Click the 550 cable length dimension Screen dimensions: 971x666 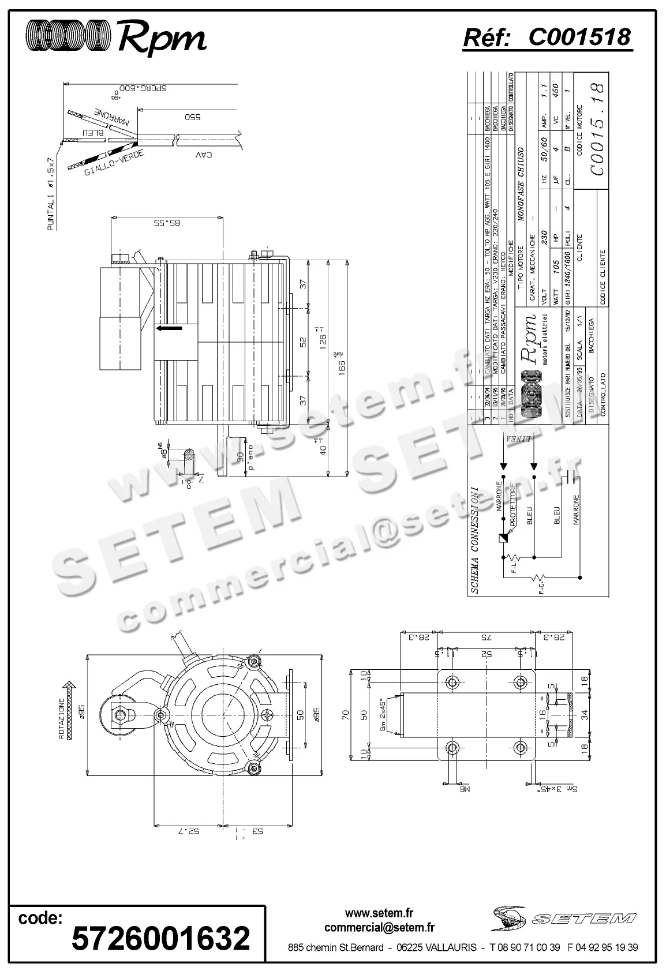coord(192,117)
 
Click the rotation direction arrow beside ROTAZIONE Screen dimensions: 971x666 coord(71,710)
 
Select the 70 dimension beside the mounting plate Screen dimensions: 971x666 coord(346,715)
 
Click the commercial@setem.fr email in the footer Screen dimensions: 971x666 coord(379,928)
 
